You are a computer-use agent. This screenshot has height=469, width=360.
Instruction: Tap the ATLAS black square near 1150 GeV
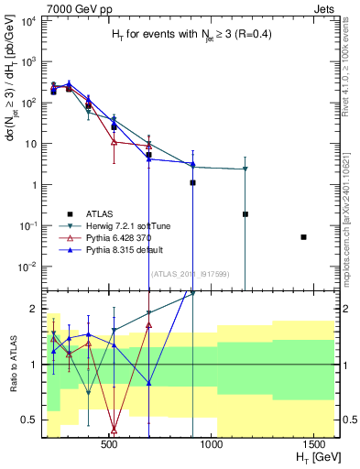tap(245, 214)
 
